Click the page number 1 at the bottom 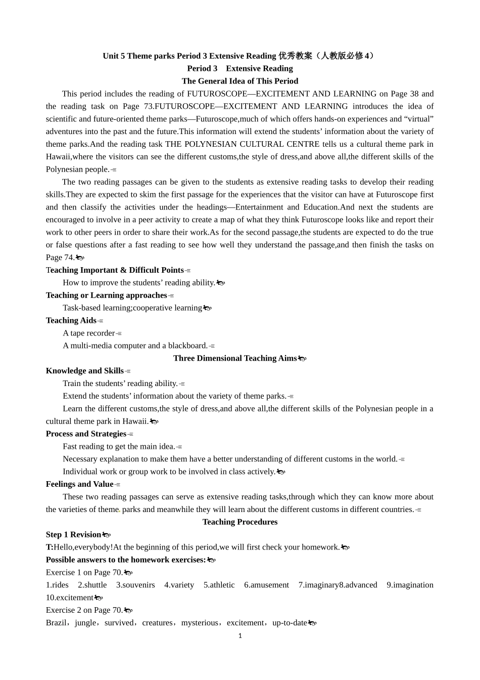(240, 636)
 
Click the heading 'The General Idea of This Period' (240, 81)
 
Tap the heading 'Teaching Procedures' (240, 522)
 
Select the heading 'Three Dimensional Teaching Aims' (235, 358)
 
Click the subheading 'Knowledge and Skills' (85, 371)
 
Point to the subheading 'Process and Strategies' (86, 434)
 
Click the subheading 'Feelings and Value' (79, 484)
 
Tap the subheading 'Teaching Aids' (71, 320)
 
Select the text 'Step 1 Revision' (74, 535)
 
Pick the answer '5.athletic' (219, 585)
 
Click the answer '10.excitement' (70, 598)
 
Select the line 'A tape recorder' (89, 333)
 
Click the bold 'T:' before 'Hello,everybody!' (50, 547)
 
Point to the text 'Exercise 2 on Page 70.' (84, 610)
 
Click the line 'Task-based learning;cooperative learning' (132, 308)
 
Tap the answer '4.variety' (179, 585)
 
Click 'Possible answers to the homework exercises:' (126, 560)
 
